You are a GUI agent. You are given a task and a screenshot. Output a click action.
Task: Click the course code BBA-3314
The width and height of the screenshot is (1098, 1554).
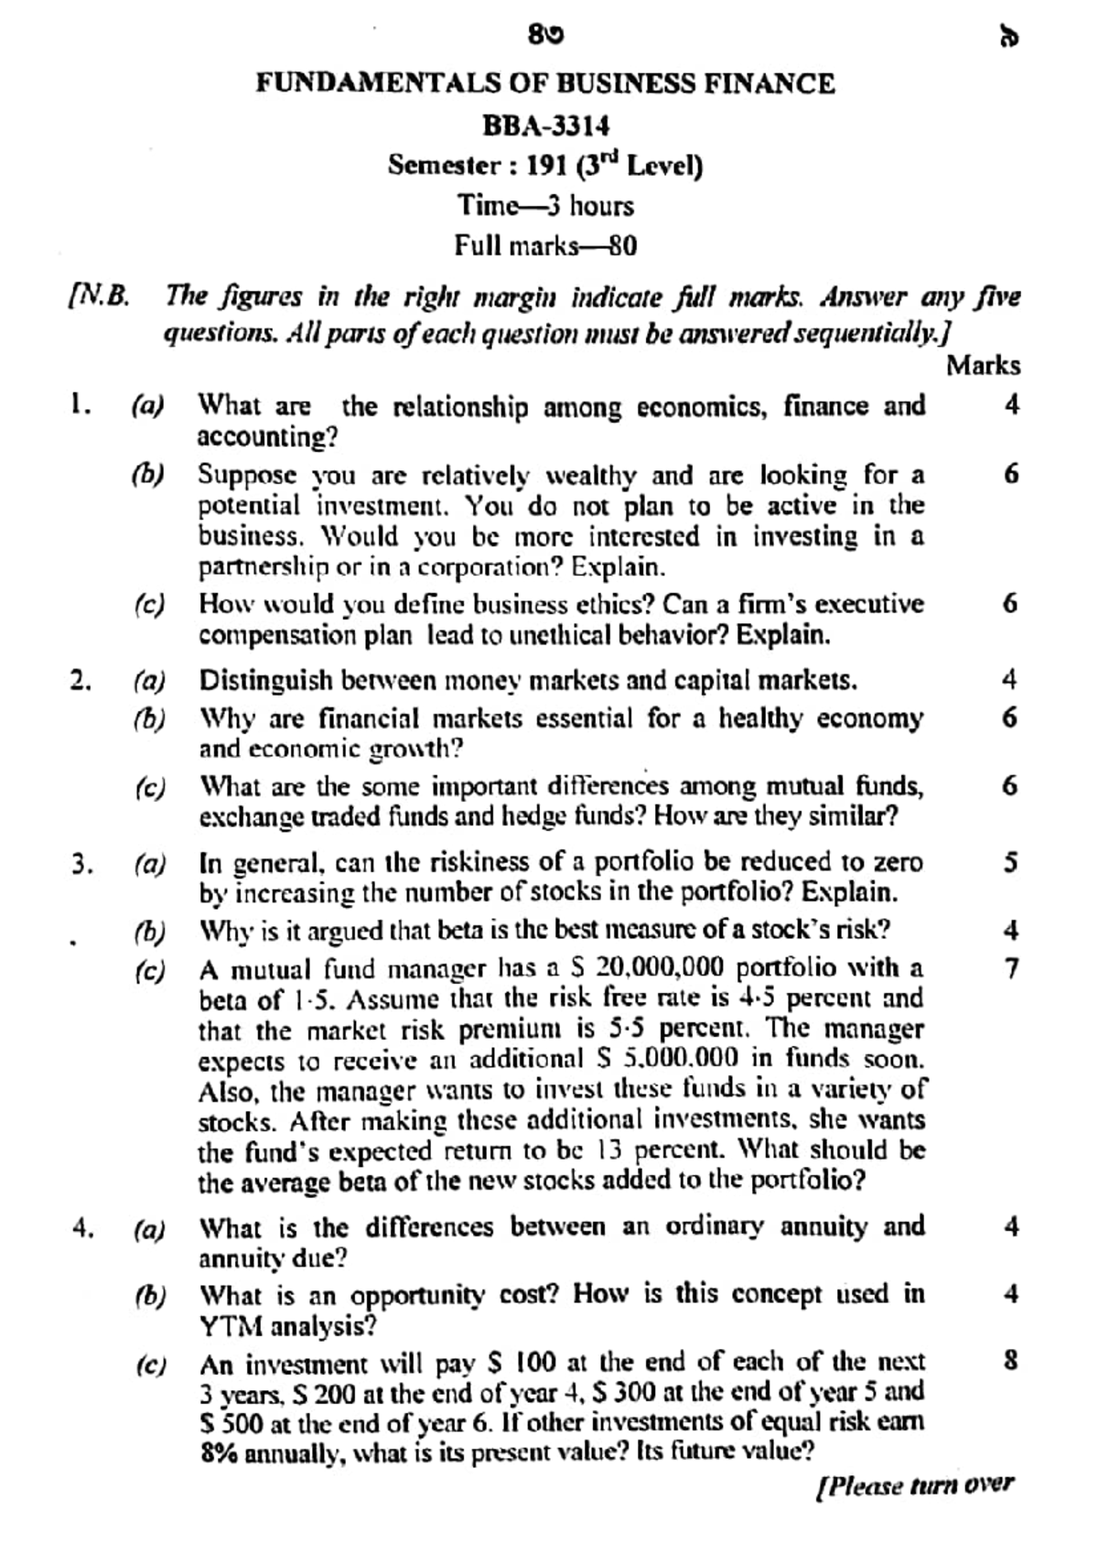pos(545,125)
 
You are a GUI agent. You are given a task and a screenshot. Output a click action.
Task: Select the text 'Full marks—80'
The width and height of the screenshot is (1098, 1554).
pos(545,245)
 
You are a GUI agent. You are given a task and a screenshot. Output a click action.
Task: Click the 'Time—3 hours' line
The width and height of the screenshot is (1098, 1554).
pos(545,205)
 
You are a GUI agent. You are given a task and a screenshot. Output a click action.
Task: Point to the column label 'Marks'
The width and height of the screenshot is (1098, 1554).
pos(983,365)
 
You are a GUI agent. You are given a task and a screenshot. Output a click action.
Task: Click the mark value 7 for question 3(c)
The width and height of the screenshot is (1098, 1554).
pos(1010,968)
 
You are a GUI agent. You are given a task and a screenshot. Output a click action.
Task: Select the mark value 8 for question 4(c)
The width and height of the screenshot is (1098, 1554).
pos(1010,1361)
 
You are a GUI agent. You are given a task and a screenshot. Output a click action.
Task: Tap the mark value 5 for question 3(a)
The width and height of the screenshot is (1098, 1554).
pos(1010,862)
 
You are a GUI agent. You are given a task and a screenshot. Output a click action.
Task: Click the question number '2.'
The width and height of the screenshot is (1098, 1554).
pos(81,680)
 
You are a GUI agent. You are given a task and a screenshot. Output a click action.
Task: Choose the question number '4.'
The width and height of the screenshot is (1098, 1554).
pos(82,1228)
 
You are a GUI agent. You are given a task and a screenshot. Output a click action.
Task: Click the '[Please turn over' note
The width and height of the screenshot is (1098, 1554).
pos(914,1484)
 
